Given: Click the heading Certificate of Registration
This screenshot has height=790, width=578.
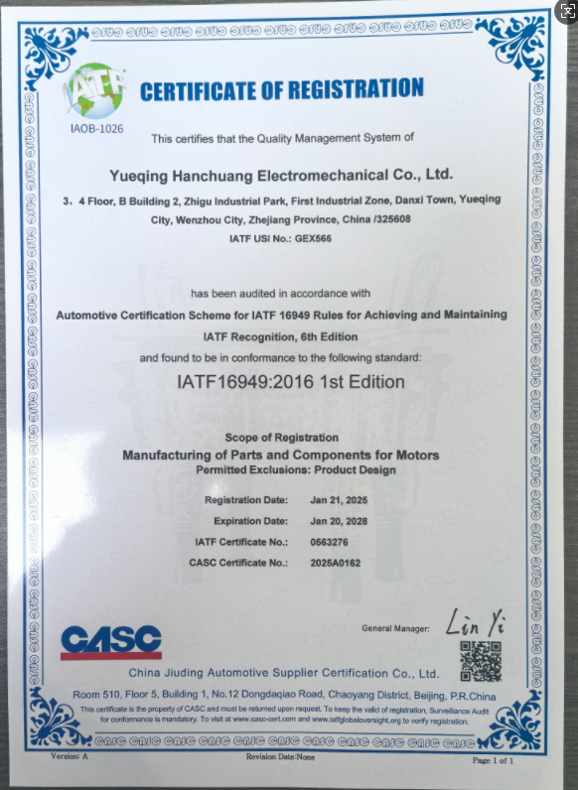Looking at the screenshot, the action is point(282,91).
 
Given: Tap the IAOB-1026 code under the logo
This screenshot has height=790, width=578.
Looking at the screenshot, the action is point(95,129).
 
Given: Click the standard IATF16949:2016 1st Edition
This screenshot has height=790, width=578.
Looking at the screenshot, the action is point(289,381).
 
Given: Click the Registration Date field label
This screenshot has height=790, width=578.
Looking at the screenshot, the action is point(246,499).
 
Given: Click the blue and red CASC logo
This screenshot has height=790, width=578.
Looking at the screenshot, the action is point(110,640).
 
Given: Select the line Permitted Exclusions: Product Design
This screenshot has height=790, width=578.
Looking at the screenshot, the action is point(281,469).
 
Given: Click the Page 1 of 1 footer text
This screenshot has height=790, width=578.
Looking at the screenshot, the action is point(494,760).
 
